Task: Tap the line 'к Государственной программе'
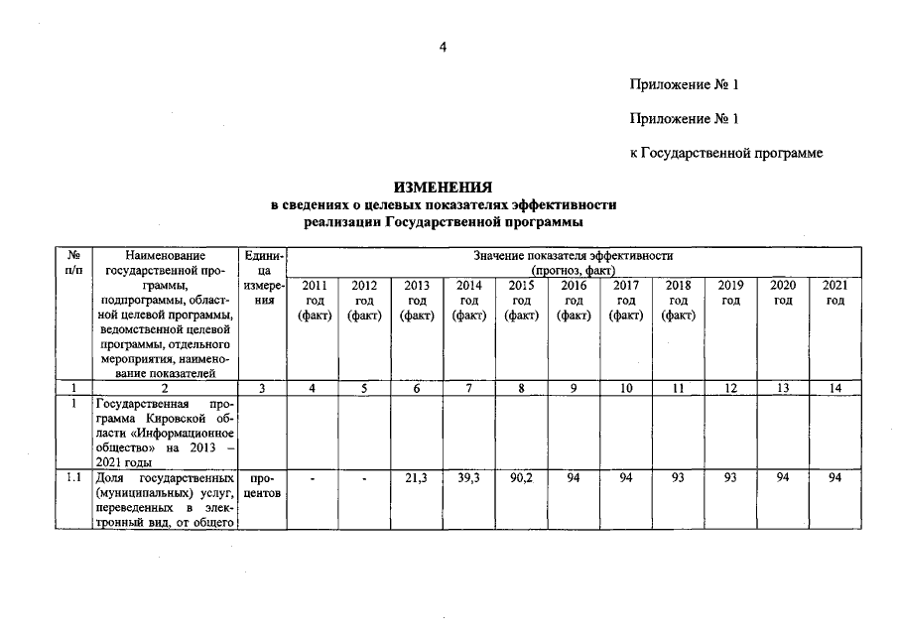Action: pos(726,153)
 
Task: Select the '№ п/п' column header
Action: pos(73,262)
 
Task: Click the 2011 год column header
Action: pos(313,300)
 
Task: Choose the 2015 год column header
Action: pos(521,300)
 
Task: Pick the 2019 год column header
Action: pos(730,293)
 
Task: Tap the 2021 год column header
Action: pos(835,293)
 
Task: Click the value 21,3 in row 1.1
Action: pos(417,479)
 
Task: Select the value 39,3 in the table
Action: pos(468,479)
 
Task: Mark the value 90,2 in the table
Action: pos(521,479)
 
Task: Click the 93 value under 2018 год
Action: pos(678,479)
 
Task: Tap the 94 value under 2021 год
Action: pos(835,479)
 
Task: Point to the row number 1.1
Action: pos(73,479)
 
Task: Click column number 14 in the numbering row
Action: pos(835,389)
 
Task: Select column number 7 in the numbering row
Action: pos(468,389)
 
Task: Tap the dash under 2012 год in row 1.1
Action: pos(364,479)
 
